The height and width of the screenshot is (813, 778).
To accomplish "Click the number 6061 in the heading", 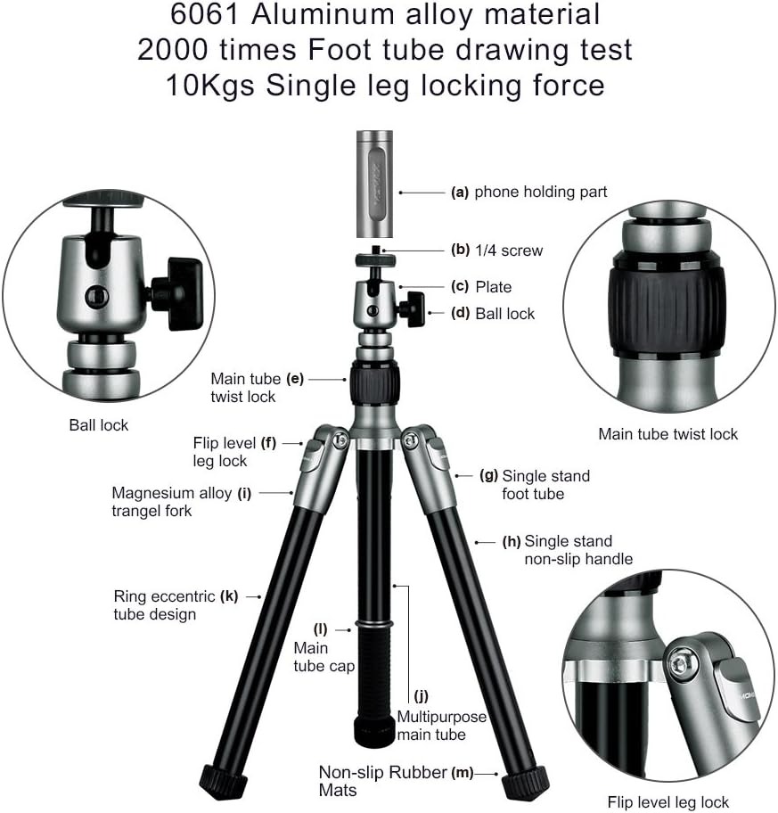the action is click(204, 14).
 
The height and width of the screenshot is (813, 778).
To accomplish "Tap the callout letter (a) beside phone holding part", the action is click(460, 193).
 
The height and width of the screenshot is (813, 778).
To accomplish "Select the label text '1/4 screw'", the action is click(509, 250).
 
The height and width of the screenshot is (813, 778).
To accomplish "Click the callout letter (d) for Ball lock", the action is click(460, 313).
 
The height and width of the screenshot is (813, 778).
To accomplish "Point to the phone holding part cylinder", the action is click(374, 184).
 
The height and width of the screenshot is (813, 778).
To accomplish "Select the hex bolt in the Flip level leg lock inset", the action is click(678, 663).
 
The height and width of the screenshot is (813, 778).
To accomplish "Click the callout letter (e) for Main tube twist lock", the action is click(294, 379).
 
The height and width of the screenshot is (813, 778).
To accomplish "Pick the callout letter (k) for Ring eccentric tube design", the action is click(228, 596).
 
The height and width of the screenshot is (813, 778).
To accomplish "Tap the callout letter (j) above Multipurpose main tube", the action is click(421, 696).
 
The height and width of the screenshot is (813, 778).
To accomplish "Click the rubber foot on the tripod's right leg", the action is click(525, 781).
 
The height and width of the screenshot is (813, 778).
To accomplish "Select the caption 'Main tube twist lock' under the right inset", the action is click(667, 434).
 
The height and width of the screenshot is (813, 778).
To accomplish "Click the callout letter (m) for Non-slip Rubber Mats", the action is click(463, 773).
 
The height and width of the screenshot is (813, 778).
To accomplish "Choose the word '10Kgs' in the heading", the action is click(210, 86).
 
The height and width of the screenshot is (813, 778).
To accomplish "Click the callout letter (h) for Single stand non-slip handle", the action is click(512, 542).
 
